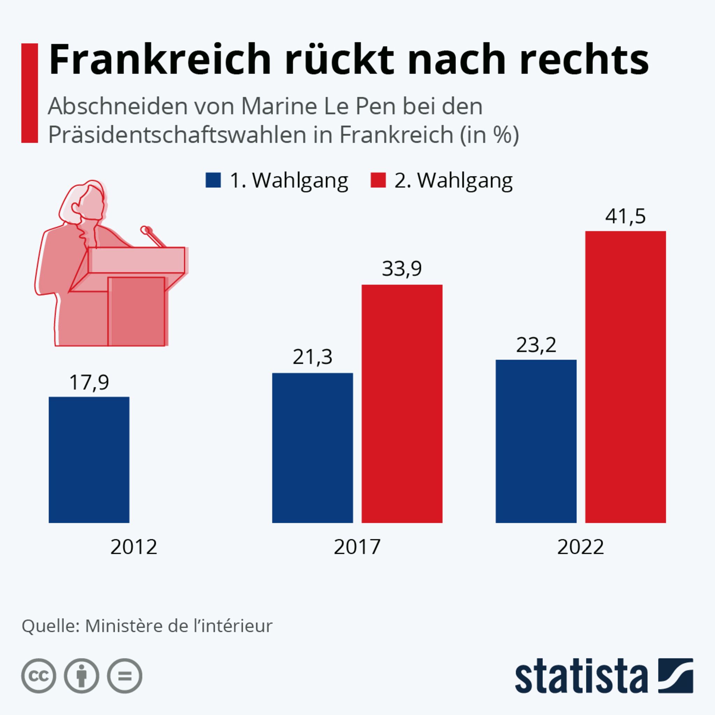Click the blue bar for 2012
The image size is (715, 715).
click(x=89, y=460)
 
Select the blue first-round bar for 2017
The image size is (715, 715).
click(x=312, y=448)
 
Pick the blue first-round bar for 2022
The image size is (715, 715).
click(x=536, y=441)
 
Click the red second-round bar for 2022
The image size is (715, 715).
click(x=625, y=377)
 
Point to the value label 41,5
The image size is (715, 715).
click(x=625, y=216)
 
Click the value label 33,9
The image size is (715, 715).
click(x=402, y=269)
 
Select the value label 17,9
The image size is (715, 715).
click(x=89, y=382)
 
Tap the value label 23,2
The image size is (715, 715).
click(x=536, y=345)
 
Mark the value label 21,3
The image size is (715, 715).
click(x=312, y=357)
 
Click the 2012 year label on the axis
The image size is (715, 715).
click(x=134, y=547)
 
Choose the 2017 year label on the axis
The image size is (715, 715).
click(x=357, y=547)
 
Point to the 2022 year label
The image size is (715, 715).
click(x=580, y=547)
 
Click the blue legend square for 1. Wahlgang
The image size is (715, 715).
click(x=213, y=180)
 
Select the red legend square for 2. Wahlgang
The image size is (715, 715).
click(x=378, y=180)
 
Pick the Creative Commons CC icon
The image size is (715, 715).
click(x=38, y=676)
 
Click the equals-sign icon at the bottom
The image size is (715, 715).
click(x=124, y=676)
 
